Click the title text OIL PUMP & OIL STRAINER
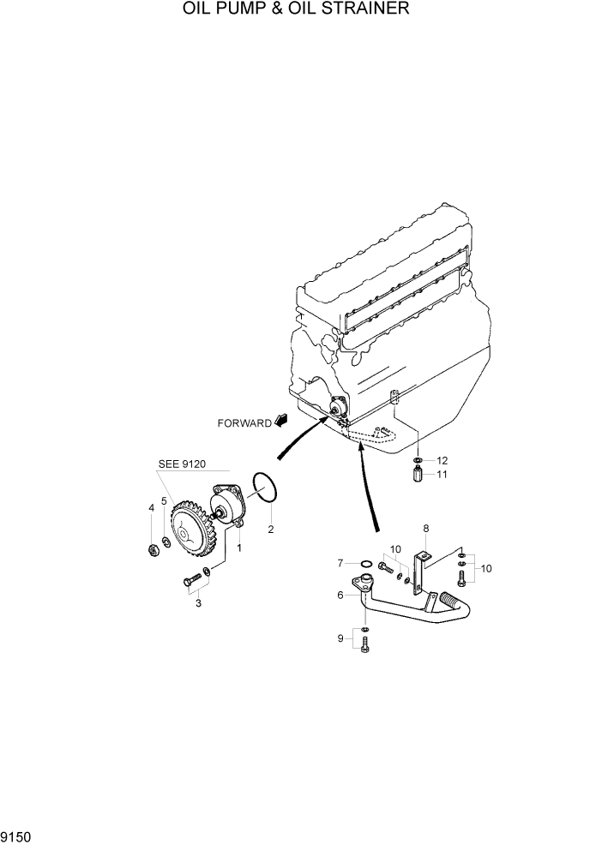[296, 9]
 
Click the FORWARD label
[244, 422]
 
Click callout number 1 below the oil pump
[239, 546]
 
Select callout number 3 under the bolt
[198, 604]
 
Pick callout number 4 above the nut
[151, 508]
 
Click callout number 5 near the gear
[164, 501]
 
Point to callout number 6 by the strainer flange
[340, 595]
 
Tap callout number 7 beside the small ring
[340, 563]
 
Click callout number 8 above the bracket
[425, 530]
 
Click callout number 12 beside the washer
[442, 460]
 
